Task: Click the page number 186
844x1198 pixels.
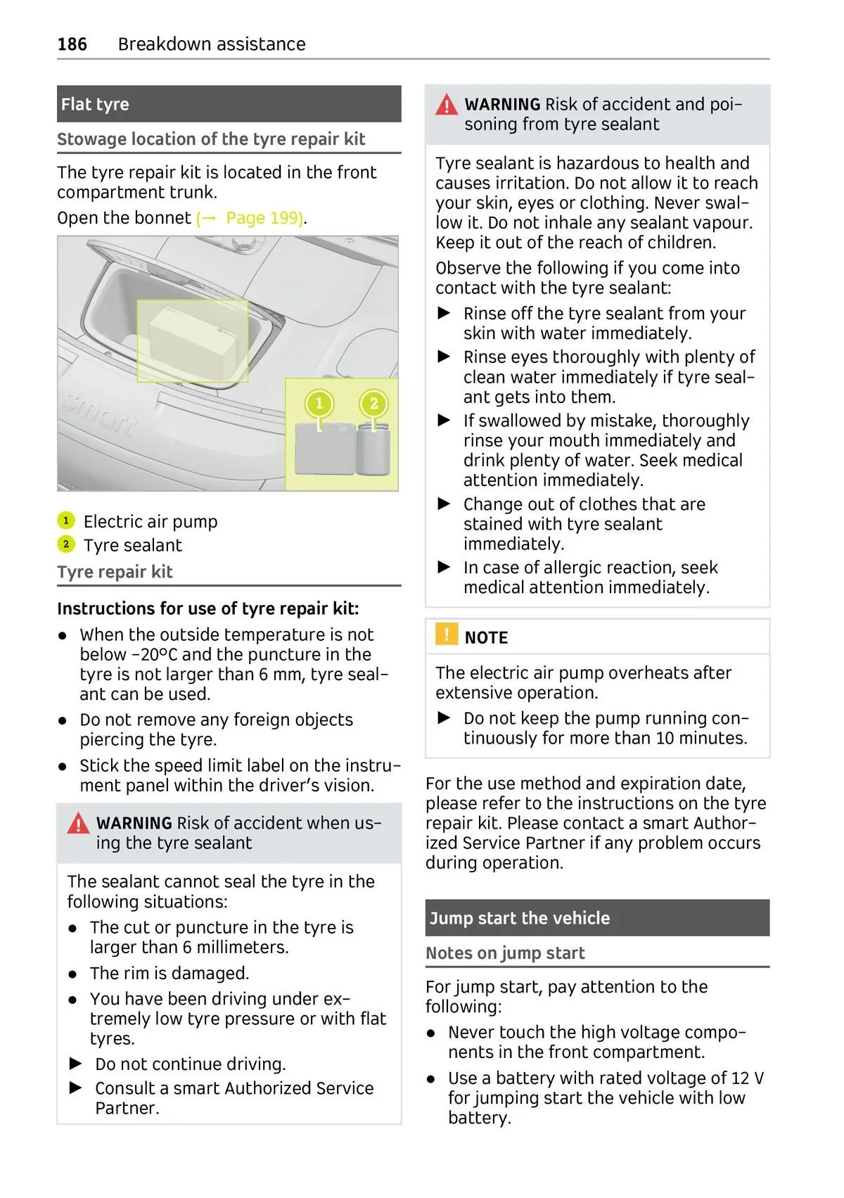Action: [72, 44]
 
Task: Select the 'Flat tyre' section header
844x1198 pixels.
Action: [95, 104]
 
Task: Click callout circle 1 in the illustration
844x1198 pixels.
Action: [319, 404]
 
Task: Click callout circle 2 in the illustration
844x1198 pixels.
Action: [373, 404]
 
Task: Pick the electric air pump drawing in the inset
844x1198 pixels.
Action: [324, 449]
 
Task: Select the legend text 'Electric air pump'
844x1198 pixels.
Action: [151, 522]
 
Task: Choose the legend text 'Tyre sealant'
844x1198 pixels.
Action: [132, 545]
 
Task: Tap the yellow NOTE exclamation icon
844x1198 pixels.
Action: [446, 635]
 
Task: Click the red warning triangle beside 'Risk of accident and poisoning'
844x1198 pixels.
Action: [447, 106]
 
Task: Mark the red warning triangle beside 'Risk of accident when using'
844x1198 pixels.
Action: [78, 824]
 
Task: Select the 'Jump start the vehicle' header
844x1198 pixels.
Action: [520, 918]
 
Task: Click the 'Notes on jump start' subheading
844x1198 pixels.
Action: [505, 953]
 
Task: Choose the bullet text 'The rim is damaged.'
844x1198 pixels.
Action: [170, 974]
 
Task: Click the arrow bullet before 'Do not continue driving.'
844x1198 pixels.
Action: [76, 1064]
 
